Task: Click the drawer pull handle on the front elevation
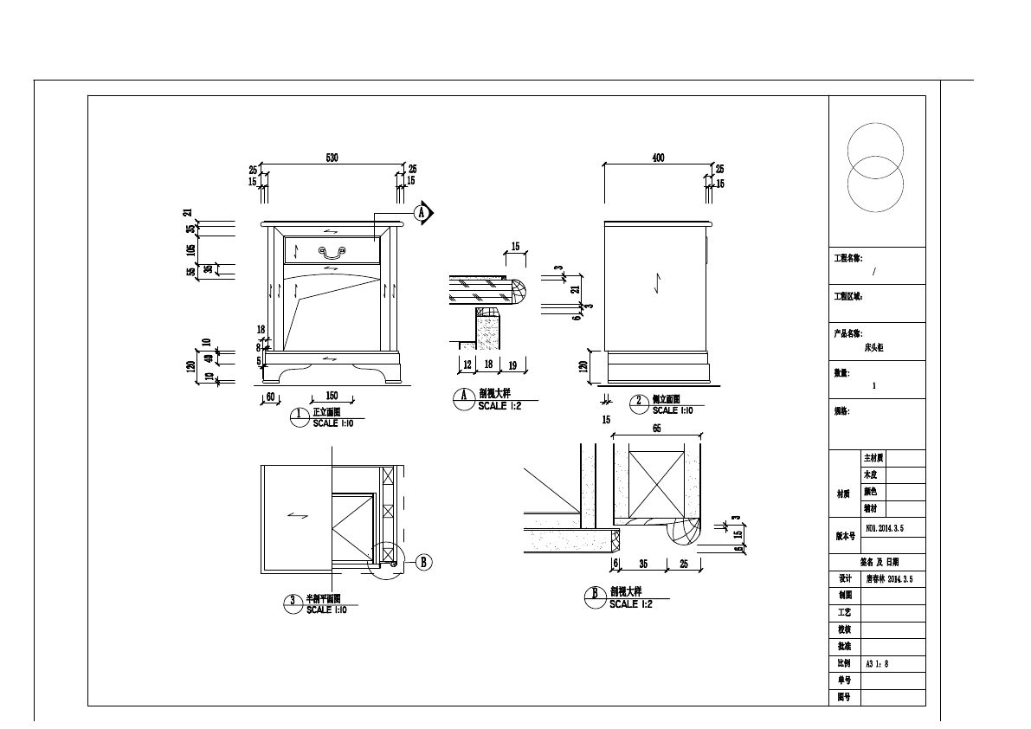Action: click(332, 252)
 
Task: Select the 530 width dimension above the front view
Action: click(332, 158)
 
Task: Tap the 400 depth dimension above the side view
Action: click(657, 158)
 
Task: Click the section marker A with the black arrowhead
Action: click(423, 212)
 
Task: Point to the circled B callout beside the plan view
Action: click(424, 562)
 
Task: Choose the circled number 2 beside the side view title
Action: click(639, 401)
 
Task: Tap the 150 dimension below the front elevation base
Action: click(331, 396)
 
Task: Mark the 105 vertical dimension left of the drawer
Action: click(190, 250)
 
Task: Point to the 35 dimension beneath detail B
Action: click(643, 564)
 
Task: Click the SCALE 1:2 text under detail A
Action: click(499, 406)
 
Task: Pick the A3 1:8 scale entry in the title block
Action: click(877, 664)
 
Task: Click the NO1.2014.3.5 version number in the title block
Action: click(884, 526)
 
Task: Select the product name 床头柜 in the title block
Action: click(873, 347)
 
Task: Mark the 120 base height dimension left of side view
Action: click(583, 366)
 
